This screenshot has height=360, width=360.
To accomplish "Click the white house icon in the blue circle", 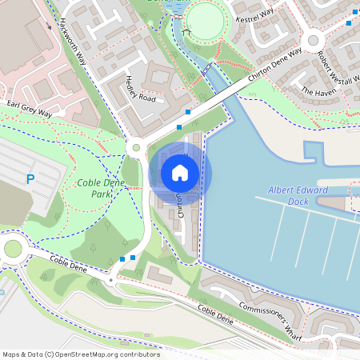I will click(x=180, y=173).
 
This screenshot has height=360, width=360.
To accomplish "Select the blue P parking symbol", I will click(x=30, y=180).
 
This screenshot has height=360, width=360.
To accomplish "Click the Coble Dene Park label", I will click(x=101, y=188).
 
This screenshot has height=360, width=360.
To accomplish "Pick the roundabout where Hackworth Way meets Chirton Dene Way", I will click(x=136, y=146).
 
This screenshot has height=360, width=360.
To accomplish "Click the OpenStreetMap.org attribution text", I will click(x=80, y=354).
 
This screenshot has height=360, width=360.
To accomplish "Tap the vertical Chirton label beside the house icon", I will click(x=181, y=204).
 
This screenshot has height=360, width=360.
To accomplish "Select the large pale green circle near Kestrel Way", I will click(x=207, y=19).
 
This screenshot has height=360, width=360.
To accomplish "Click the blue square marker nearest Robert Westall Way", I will click(x=350, y=22).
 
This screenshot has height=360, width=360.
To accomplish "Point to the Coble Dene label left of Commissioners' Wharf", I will click(x=214, y=315).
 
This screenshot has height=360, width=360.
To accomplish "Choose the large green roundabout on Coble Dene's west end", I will click(x=13, y=248).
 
